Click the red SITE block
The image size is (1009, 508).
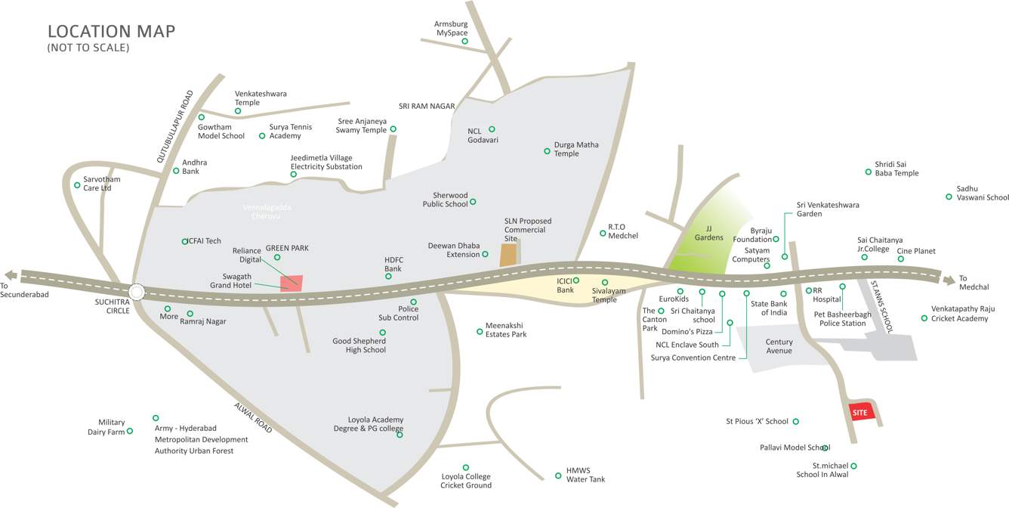[862, 412]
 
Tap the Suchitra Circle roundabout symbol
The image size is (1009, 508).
[137, 292]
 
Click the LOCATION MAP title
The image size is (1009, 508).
[111, 31]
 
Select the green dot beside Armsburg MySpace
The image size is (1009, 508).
[464, 41]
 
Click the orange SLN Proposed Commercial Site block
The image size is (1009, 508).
[508, 255]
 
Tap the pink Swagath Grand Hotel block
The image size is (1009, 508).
[292, 283]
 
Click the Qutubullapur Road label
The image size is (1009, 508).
[175, 127]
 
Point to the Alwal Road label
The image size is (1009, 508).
[253, 417]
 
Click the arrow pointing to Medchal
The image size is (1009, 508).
[948, 280]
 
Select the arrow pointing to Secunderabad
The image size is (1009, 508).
[10, 275]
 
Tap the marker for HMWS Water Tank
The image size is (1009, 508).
[558, 475]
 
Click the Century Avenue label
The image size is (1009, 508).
[779, 346]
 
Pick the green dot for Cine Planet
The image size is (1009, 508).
[900, 259]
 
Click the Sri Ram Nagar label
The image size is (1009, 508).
[427, 107]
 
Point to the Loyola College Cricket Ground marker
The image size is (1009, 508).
[465, 467]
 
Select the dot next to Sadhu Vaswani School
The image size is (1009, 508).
[949, 197]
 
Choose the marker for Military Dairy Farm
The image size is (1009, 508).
[130, 431]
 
